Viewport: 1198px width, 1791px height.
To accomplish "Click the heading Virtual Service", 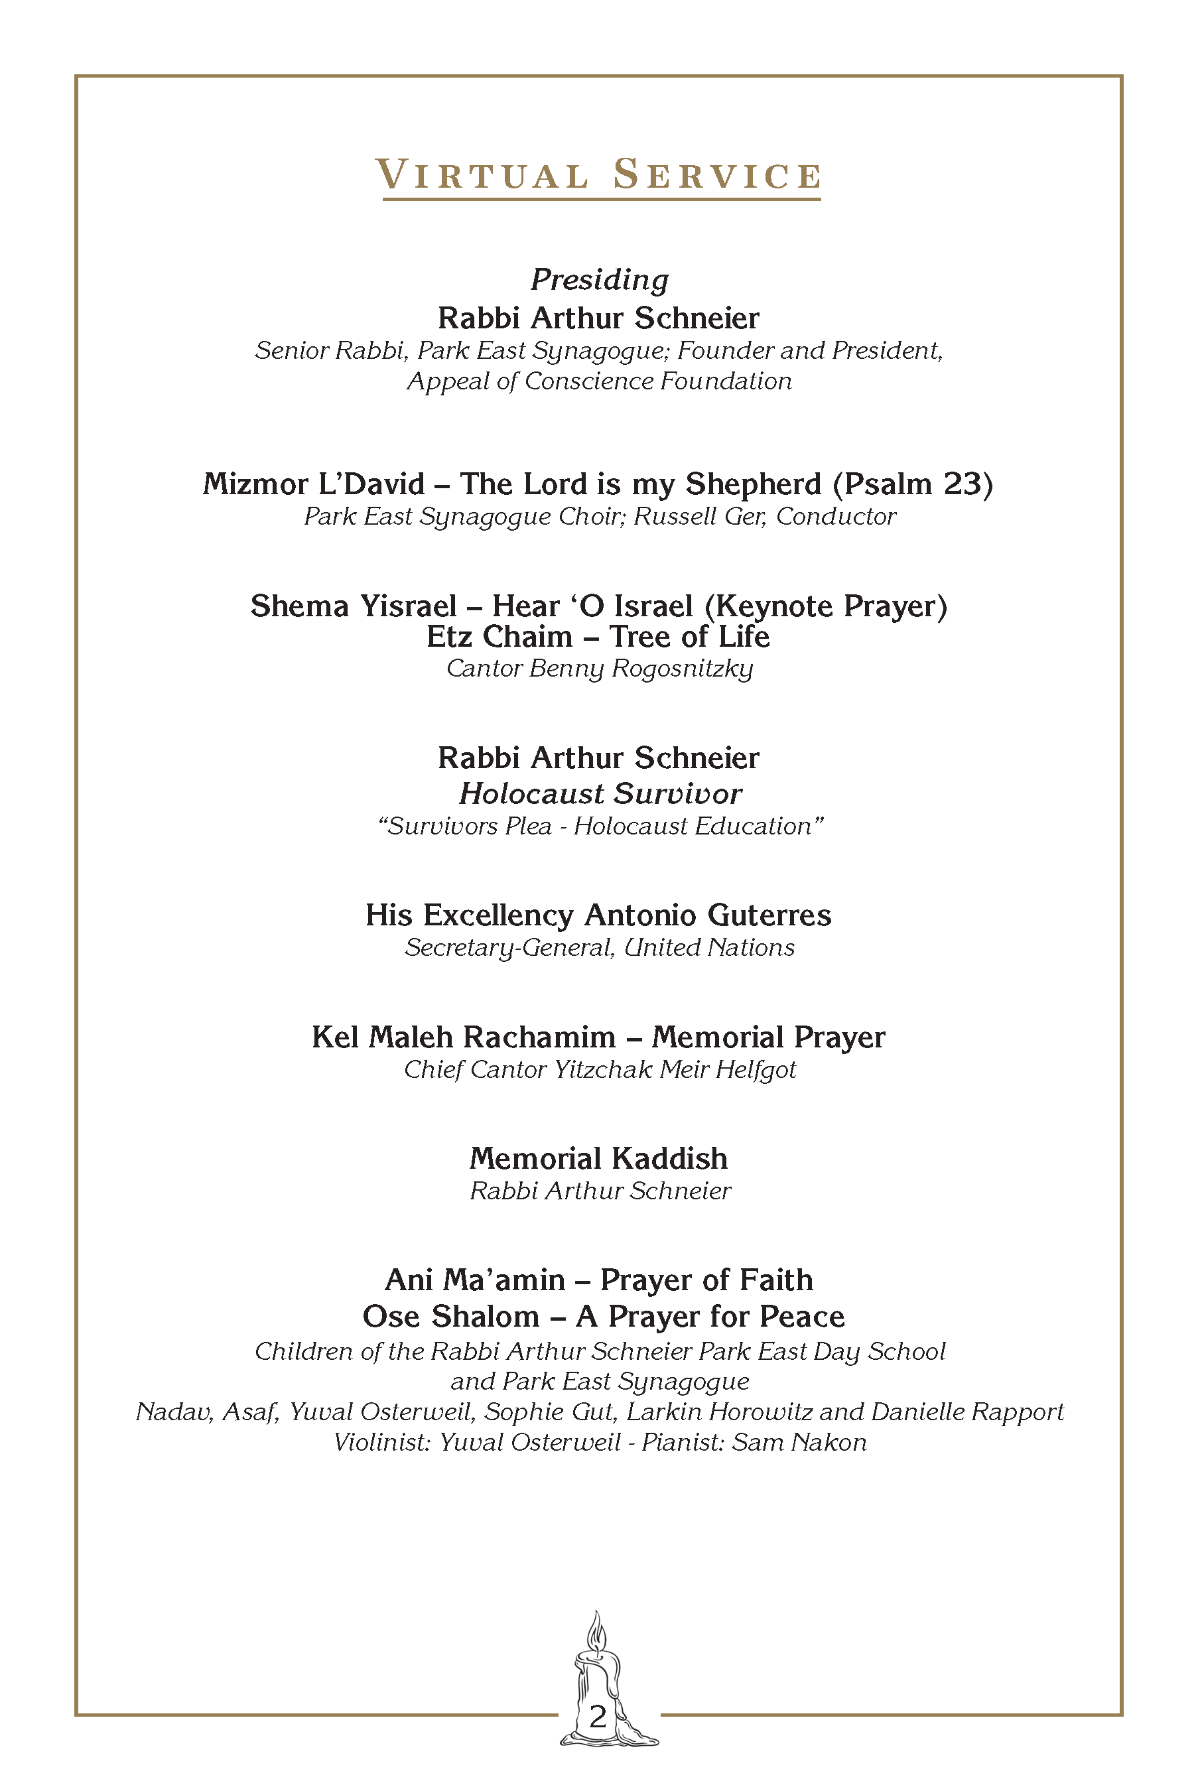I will point(599,174).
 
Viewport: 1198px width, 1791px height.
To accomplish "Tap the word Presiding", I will point(600,280).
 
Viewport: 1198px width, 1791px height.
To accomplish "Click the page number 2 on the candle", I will point(598,1716).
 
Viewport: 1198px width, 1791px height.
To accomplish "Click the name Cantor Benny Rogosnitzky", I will point(600,669).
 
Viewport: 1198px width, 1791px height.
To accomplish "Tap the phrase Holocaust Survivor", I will point(600,794).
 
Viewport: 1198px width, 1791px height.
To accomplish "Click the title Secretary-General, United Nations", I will point(600,947).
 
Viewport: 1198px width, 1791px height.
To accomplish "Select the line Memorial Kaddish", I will point(598,1158).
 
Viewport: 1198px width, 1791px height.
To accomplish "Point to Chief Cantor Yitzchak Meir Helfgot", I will point(600,1070).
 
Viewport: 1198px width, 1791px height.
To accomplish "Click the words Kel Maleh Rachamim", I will point(463,1037).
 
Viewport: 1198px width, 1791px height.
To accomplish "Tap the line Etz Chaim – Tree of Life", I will point(598,637).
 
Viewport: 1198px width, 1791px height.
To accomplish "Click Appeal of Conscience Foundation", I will point(600,381).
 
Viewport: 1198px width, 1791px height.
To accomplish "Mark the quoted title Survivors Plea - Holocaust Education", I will point(600,826).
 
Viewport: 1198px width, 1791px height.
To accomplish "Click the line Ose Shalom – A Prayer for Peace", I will point(604,1316).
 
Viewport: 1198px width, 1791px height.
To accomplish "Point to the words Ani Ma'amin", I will point(474,1280).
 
